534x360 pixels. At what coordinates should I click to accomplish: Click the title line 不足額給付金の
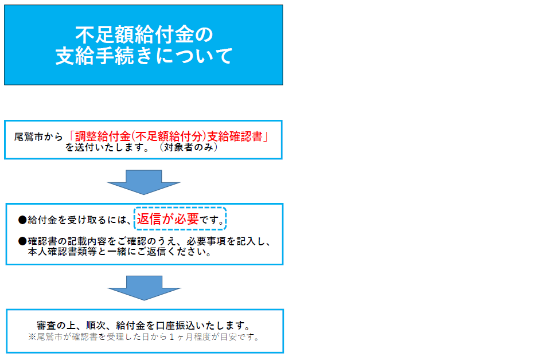(144, 34)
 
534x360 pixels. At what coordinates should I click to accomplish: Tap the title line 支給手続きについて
(144, 56)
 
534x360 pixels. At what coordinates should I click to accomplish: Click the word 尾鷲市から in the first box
(38, 137)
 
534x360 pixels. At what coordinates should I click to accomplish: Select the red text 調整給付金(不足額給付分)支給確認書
(169, 136)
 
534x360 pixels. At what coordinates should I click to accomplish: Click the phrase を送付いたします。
(107, 147)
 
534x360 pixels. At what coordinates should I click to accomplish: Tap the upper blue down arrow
(144, 182)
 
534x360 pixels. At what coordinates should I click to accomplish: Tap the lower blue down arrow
(144, 288)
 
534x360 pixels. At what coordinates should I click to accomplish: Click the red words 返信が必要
(168, 219)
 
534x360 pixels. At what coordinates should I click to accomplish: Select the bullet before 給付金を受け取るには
(22, 220)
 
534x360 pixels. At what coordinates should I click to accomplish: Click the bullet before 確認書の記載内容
(22, 241)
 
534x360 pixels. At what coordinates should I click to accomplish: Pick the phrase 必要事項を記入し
(226, 241)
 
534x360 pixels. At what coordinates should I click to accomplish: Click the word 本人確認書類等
(63, 252)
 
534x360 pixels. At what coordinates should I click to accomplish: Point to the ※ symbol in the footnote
(32, 337)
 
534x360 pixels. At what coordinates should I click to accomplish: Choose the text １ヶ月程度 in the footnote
(190, 337)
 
